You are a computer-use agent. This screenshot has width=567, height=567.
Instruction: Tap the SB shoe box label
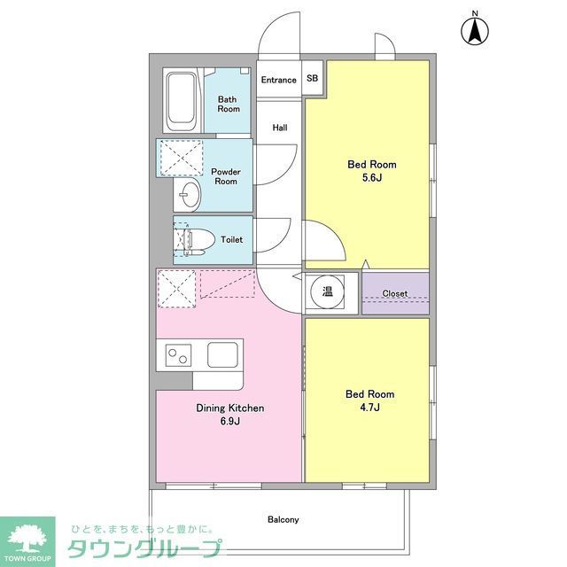coord(312,79)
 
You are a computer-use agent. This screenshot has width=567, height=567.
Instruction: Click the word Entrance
coord(278,80)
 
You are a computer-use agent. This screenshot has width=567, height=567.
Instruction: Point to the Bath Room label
coord(229,104)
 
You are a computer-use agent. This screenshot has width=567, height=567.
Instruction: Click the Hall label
coord(280,128)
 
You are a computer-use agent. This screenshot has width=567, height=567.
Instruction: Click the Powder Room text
coord(226,175)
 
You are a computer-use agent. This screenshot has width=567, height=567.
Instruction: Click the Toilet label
coord(231,239)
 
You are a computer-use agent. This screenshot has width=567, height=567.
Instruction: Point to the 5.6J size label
coord(371,177)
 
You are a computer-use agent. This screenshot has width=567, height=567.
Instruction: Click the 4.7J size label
coord(371,407)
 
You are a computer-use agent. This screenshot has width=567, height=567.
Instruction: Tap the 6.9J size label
coord(230,421)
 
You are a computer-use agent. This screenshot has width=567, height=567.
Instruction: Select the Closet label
coord(395,293)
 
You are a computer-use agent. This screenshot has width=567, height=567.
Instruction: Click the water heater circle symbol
coord(327,291)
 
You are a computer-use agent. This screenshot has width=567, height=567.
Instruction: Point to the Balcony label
coord(283,519)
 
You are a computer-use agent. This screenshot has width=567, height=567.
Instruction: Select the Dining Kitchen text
coord(230,408)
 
